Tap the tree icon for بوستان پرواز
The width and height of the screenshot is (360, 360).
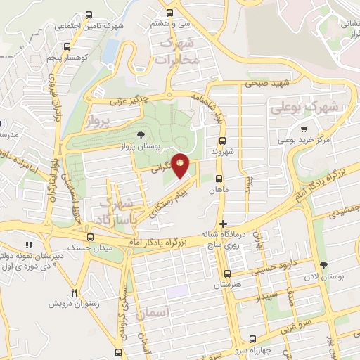141,134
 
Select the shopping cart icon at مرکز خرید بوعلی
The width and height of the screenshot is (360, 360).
303,129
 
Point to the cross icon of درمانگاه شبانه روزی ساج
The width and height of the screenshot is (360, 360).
223,224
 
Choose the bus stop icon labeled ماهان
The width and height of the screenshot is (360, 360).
219,179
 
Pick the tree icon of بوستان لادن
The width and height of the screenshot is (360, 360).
323,266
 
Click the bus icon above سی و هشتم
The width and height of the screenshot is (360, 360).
169,13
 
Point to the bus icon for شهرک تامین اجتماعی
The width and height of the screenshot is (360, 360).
88,15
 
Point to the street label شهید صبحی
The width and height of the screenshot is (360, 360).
266,84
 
